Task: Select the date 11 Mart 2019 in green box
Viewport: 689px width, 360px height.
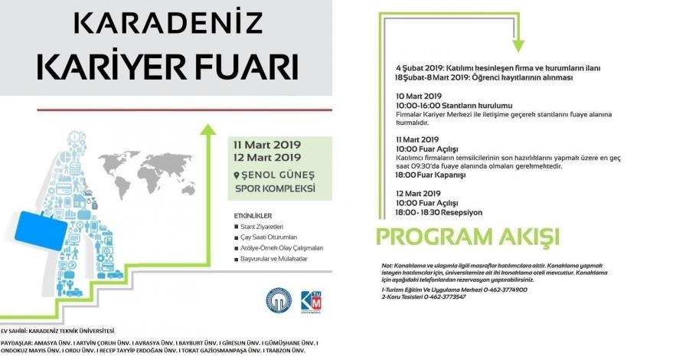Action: (269, 144)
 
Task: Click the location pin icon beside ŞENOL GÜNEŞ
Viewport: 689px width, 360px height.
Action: (237, 175)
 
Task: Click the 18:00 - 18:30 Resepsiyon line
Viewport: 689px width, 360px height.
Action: (439, 211)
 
